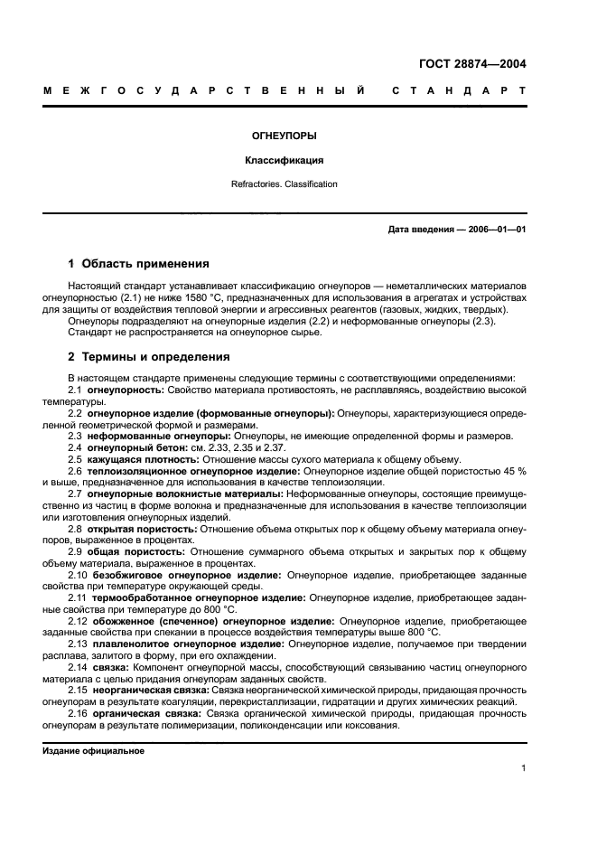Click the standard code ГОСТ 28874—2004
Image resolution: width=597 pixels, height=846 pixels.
coord(472,64)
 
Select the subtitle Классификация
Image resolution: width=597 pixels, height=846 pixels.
coord(284,161)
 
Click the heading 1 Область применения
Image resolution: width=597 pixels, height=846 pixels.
coord(138,264)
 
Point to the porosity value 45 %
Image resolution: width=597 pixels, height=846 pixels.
coord(516,471)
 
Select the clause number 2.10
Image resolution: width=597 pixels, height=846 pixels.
coord(78,574)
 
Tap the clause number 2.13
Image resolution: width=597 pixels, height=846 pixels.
coord(78,644)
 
